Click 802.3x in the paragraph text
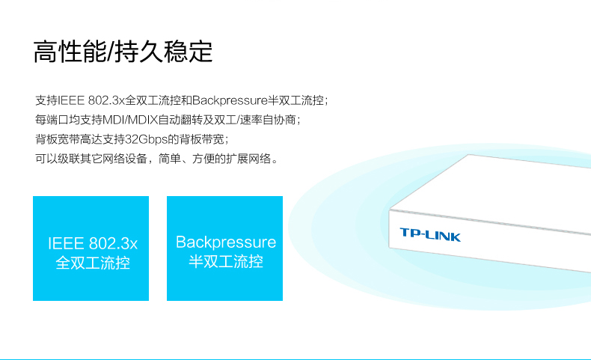pos(106,100)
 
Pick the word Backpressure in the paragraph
pos(230,100)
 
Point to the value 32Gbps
pos(146,139)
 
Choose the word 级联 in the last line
pos(69,159)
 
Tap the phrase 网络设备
pos(124,159)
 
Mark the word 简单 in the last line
pos(170,159)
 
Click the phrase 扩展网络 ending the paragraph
pos(248,159)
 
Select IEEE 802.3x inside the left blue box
pos(93,243)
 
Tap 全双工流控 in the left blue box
pos(93,263)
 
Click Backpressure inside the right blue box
pos(226,242)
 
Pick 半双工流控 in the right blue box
pos(226,261)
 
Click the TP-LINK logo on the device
pos(430,234)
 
